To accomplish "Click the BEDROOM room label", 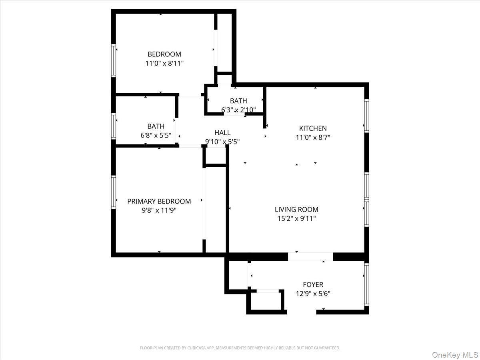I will click(164, 54).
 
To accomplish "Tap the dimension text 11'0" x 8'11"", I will click(164, 63).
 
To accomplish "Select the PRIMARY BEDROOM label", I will click(159, 201).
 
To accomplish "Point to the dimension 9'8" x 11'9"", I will click(159, 210).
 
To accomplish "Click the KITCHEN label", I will click(313, 128).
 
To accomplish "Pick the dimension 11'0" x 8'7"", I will click(313, 137).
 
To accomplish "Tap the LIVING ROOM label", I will click(296, 209).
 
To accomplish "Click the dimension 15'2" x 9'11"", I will click(296, 218).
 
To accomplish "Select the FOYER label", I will click(313, 285).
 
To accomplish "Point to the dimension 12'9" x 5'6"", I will click(313, 294).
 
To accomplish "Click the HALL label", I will click(222, 133).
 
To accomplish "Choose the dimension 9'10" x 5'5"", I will click(222, 142).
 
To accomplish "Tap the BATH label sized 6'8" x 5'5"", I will click(156, 126).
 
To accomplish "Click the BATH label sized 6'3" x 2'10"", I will click(238, 101).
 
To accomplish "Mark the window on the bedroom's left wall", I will click(114, 60).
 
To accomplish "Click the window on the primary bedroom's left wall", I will click(114, 192).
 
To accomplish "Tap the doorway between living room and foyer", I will click(310, 256).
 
